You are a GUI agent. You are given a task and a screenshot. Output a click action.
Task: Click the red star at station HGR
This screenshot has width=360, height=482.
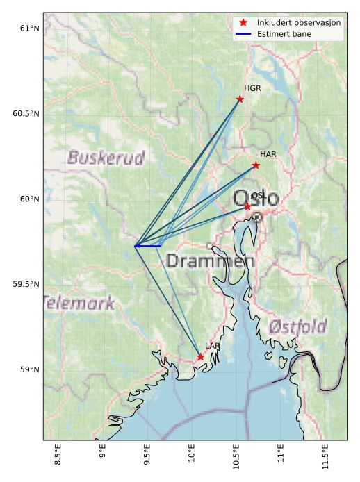coord(240,99)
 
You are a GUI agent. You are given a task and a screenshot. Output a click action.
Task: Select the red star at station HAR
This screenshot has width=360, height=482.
coord(256,165)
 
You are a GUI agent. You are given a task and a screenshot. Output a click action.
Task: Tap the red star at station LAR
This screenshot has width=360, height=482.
coord(200,357)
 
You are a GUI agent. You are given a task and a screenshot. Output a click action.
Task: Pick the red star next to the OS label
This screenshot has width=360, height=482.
coord(247,206)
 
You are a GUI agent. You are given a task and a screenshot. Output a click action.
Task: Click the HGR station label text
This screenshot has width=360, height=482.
coord(252,89)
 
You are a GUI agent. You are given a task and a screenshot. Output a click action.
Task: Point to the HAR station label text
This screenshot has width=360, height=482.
coord(268,154)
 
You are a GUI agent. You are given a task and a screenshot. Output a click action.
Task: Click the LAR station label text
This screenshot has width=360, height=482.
coord(213,346)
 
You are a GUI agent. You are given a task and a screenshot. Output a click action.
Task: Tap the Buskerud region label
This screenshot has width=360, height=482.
coord(106,158)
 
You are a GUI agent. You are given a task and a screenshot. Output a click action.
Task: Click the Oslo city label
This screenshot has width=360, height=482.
coord(256,199)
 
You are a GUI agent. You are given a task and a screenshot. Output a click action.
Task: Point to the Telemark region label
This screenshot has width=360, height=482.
coord(79,304)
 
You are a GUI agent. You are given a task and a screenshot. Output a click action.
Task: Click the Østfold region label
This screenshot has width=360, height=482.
coord(297,326)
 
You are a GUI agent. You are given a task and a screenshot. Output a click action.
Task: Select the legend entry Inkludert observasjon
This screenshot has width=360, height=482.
coord(299,23)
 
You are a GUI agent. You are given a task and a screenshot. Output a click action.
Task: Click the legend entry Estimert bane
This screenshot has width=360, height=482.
coord(286,34)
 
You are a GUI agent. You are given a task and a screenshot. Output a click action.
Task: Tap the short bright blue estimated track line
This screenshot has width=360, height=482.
coord(148,246)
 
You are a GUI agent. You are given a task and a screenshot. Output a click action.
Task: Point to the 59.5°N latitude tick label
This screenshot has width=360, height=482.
coord(26,285)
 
